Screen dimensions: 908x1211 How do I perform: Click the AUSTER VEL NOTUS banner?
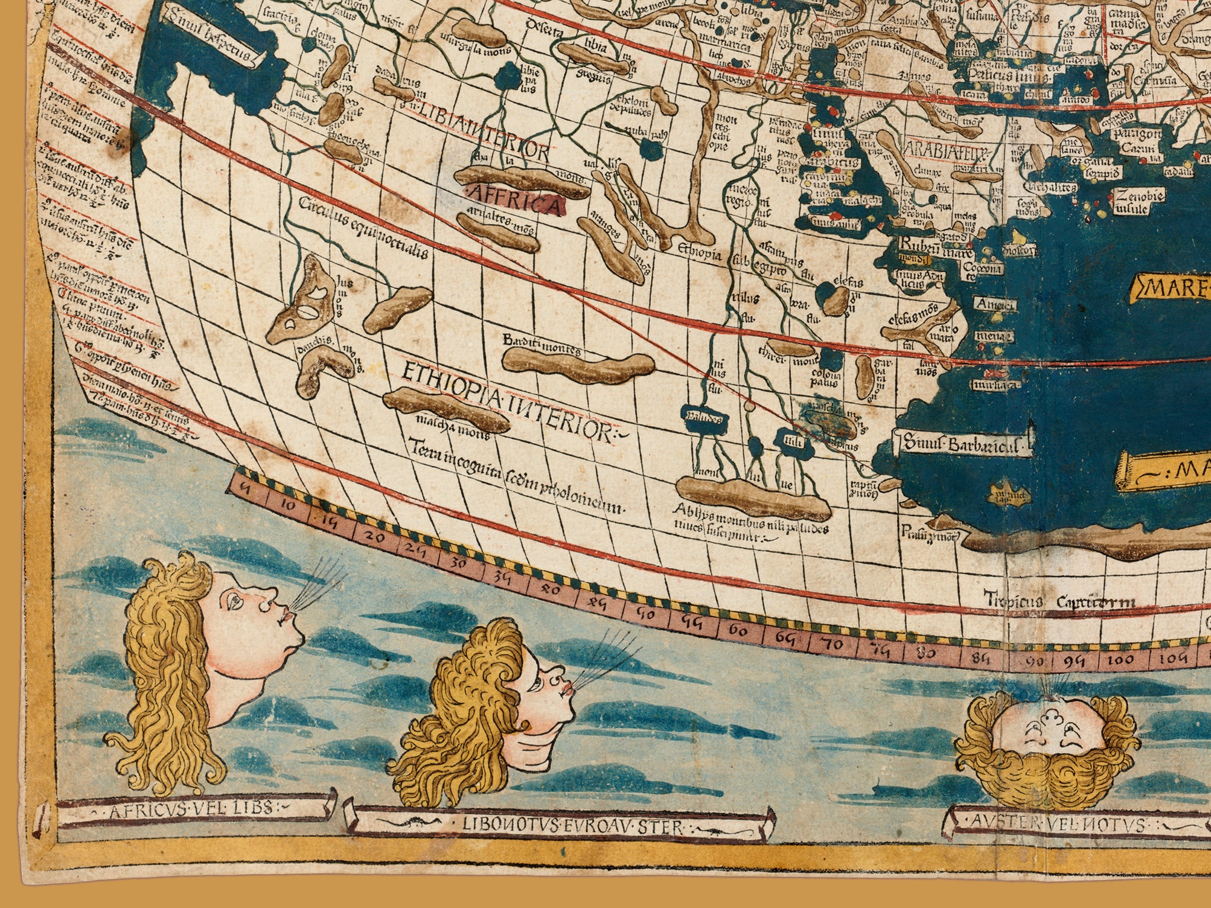tap(1062, 823)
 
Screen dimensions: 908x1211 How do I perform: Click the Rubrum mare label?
tap(935, 246)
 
